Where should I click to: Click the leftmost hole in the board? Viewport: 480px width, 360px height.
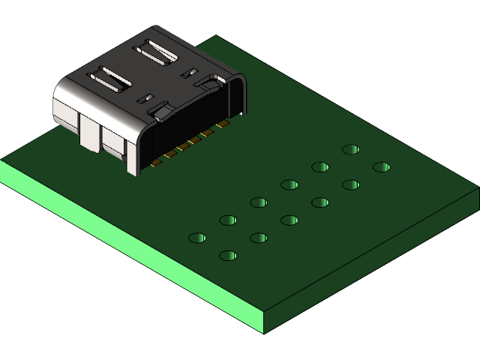(197, 238)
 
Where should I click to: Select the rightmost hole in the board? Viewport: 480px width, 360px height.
(381, 166)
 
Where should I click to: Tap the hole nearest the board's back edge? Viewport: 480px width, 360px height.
(350, 149)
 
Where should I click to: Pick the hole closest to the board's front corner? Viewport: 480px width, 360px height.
(228, 256)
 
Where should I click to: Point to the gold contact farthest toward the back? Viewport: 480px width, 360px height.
(222, 123)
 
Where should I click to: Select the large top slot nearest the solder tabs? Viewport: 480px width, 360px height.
(110, 79)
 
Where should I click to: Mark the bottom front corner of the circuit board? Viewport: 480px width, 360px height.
(264, 332)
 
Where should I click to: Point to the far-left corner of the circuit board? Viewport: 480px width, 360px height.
(2, 160)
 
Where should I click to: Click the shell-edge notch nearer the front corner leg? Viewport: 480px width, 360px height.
(160, 112)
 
